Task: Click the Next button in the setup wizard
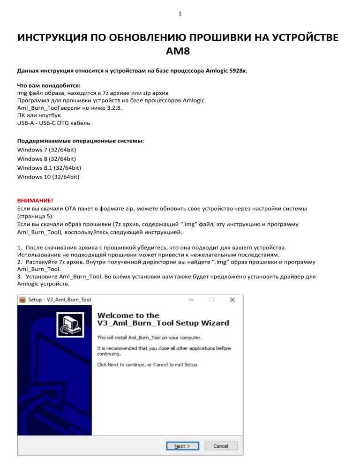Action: coord(182,446)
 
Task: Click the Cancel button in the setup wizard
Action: coord(221,446)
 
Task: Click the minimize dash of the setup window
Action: coord(191,299)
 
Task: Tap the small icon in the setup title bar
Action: coord(22,300)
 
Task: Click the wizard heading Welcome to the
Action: coord(128,315)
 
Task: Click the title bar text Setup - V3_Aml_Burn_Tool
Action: coord(60,300)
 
